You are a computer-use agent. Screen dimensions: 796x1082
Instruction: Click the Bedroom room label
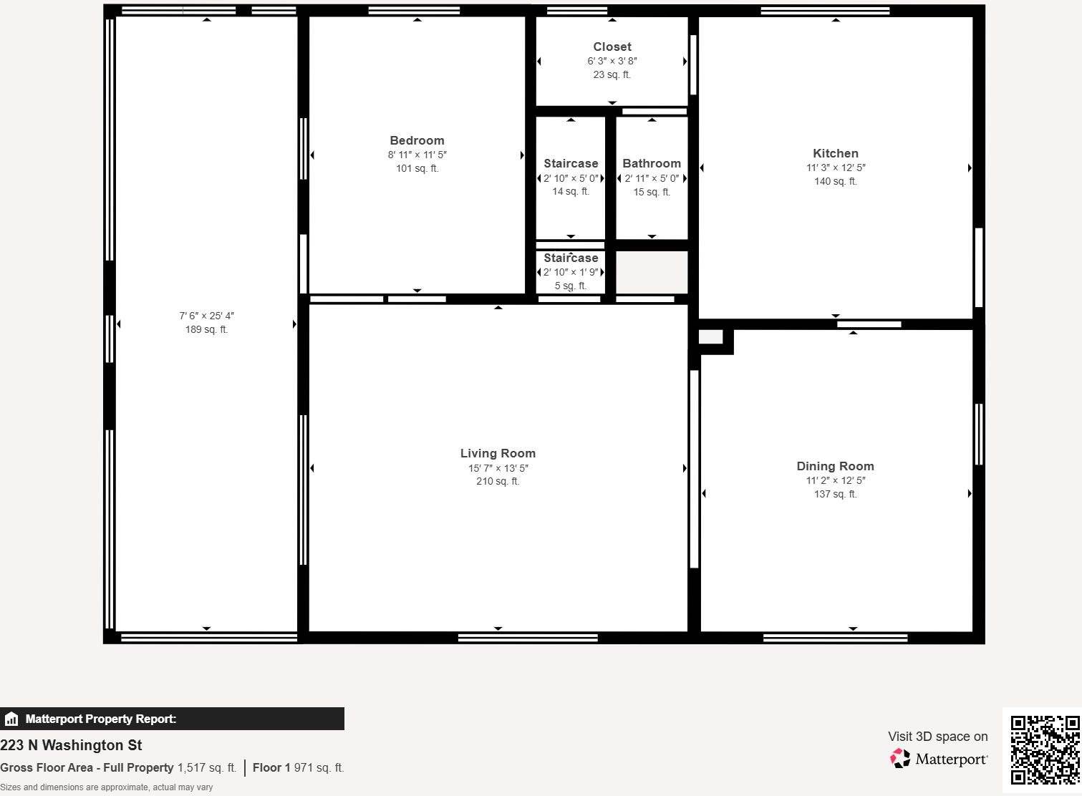(417, 140)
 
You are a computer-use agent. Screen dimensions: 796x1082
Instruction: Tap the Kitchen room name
(835, 153)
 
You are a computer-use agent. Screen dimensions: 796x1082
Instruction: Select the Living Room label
(498, 453)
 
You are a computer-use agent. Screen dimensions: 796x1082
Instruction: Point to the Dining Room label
(835, 466)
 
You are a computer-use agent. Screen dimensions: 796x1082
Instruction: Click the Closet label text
(612, 47)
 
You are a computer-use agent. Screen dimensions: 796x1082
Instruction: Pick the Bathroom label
(652, 163)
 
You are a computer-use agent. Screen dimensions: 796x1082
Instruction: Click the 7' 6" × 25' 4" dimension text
(206, 316)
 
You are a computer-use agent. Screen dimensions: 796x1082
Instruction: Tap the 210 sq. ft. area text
(498, 481)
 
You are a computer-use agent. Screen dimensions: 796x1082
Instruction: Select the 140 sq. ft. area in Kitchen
(835, 181)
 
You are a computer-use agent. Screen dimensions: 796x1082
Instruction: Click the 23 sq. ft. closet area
(612, 74)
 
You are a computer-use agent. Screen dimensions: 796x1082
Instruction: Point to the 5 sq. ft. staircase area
(571, 286)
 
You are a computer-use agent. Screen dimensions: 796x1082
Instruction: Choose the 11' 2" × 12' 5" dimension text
(835, 480)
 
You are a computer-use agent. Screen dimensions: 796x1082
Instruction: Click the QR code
(1045, 749)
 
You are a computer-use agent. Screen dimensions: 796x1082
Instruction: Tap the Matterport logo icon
(900, 758)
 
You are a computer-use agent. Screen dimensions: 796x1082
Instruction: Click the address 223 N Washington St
(71, 745)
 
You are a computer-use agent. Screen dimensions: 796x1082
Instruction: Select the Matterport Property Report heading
(100, 719)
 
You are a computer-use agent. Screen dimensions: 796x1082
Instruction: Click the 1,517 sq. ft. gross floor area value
(207, 767)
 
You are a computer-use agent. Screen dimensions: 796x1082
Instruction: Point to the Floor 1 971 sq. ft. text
(298, 767)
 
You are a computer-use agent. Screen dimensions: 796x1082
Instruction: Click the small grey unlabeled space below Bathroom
(652, 272)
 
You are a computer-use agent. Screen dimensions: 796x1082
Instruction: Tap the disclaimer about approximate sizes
(106, 787)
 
